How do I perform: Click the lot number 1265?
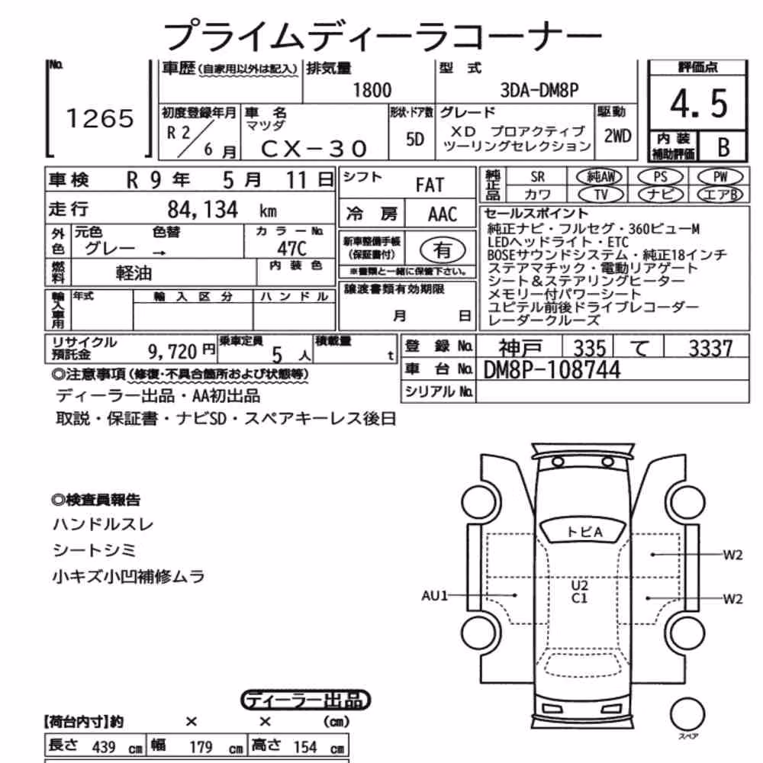tap(100, 118)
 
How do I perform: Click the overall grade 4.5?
tap(699, 104)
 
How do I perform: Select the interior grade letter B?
tap(723, 147)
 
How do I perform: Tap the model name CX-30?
tap(314, 149)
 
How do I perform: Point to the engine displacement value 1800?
tap(372, 91)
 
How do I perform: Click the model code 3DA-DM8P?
tap(539, 91)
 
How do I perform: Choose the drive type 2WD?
tap(617, 137)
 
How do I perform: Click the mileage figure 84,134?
tap(203, 210)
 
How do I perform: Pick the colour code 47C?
tap(292, 249)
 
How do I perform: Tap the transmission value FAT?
tap(430, 185)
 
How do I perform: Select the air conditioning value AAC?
tap(443, 214)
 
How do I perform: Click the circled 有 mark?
tap(443, 250)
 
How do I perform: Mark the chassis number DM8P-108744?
tap(552, 370)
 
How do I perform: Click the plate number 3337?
tap(710, 348)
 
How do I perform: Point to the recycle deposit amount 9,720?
tap(172, 351)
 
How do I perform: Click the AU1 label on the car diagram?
tap(434, 595)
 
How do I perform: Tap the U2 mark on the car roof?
tap(579, 585)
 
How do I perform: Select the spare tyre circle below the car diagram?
tap(687, 714)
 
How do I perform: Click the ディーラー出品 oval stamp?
tap(306, 700)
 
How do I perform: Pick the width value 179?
tap(201, 747)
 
